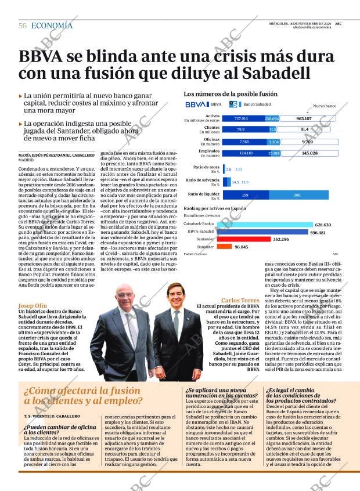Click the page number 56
22,26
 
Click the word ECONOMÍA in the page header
52,26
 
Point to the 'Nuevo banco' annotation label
325,106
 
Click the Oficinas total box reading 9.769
307,142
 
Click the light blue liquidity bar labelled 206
297,195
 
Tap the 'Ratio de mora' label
207,167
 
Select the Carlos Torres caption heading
236,300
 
